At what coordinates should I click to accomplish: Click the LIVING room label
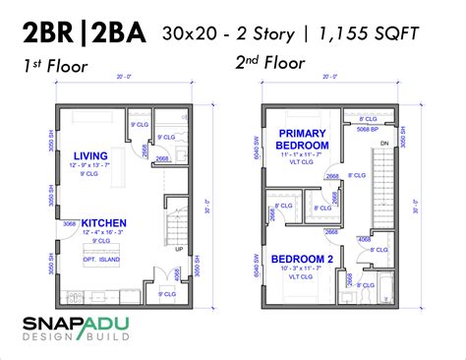(x=90, y=153)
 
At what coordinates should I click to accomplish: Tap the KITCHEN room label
(x=102, y=223)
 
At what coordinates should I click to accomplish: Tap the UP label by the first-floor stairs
(x=177, y=249)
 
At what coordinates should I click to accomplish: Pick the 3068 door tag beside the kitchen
(x=70, y=224)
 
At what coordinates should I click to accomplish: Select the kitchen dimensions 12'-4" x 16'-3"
(x=102, y=233)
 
